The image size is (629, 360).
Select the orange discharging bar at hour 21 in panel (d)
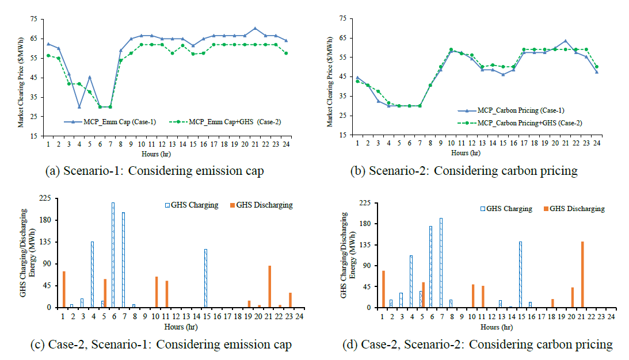(582, 274)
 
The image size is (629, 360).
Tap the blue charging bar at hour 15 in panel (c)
(205, 278)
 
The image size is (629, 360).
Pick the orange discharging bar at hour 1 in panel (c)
(64, 289)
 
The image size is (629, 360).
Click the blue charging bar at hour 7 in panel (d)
(441, 263)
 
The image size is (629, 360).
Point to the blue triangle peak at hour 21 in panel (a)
(255, 28)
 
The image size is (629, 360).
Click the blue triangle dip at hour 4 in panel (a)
(79, 106)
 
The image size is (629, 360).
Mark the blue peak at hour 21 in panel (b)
(566, 41)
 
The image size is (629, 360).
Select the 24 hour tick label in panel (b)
(597, 143)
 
